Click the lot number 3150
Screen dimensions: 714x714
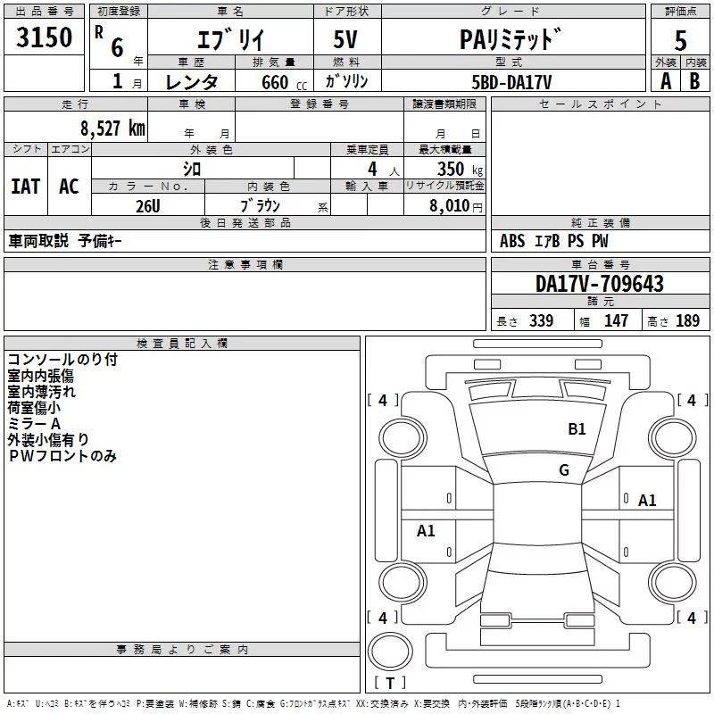click(x=45, y=38)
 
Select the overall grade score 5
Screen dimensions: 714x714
click(x=680, y=40)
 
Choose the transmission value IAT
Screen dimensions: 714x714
click(x=25, y=186)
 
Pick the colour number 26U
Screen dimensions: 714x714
click(x=147, y=205)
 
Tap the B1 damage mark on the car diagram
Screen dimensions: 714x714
click(x=577, y=429)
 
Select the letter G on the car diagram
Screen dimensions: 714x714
click(x=564, y=470)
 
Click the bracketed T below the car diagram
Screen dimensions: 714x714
click(x=389, y=684)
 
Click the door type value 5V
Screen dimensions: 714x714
click(x=346, y=40)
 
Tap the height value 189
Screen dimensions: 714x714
click(x=687, y=320)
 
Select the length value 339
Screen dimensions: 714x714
click(x=541, y=320)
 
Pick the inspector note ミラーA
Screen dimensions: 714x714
click(x=34, y=423)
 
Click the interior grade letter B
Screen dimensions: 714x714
click(x=694, y=80)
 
